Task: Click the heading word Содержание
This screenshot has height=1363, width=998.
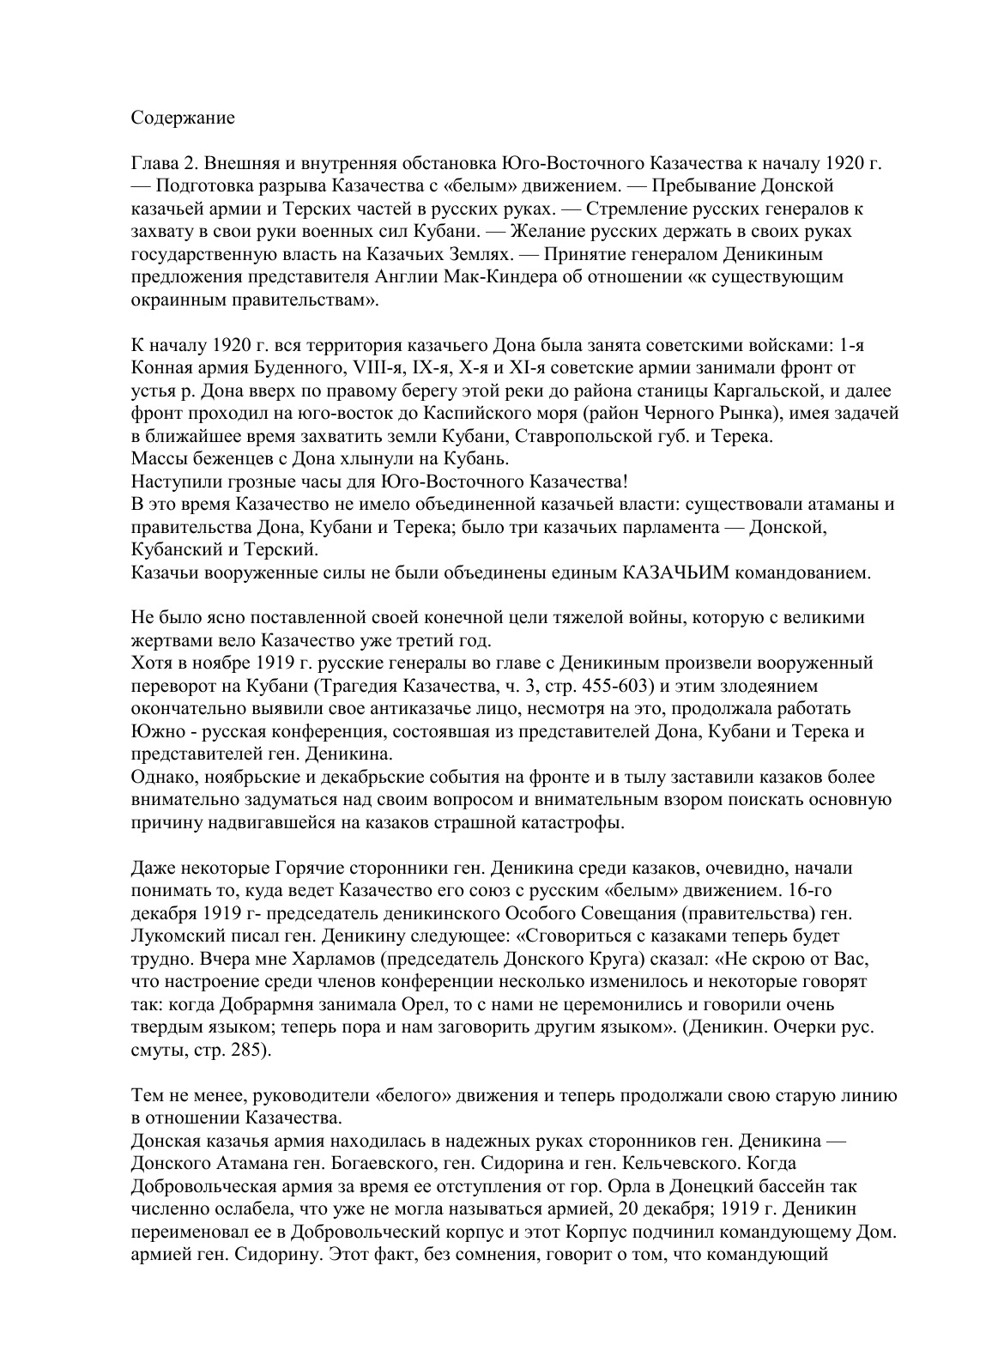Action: point(182,118)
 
